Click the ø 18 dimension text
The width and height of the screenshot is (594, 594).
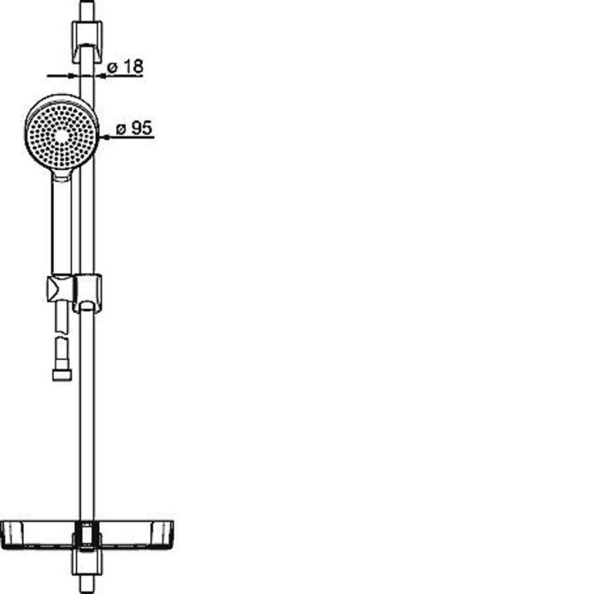pos(125,67)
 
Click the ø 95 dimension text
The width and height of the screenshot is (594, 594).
pos(134,128)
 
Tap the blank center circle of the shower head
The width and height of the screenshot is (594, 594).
pos(62,136)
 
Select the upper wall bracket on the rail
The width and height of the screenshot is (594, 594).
pos(87,42)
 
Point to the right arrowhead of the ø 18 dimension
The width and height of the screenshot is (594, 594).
pos(100,76)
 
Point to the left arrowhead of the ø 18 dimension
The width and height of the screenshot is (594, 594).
pos(74,76)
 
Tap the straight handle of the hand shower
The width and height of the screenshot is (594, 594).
pos(61,226)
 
